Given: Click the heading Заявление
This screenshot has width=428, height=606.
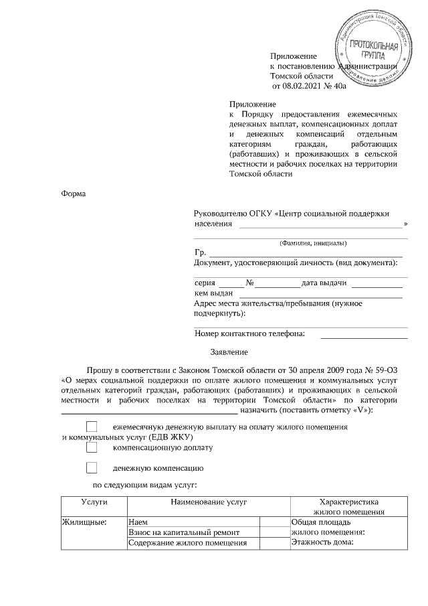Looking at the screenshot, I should pyautogui.click(x=229, y=352).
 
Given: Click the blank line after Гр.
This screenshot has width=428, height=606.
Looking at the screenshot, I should pyautogui.click(x=306, y=254).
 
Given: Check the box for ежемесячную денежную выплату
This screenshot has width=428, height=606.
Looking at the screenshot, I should pyautogui.click(x=93, y=427).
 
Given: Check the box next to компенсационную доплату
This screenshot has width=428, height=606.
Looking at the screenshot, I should pyautogui.click(x=93, y=447).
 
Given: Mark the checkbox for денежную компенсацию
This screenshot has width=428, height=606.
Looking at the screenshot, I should pyautogui.click(x=93, y=468).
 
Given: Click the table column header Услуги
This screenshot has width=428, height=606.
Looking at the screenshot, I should pyautogui.click(x=94, y=501).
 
